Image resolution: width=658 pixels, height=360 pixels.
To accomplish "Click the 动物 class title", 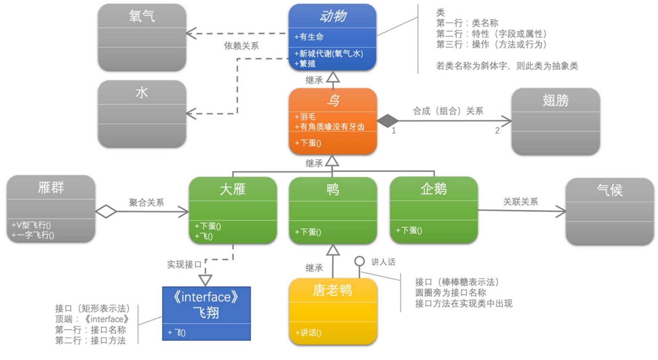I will pyautogui.click(x=333, y=16).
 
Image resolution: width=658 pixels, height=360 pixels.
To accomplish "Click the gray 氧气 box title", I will pyautogui.click(x=142, y=16).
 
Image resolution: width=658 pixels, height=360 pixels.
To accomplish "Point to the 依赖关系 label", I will pyautogui.click(x=241, y=46).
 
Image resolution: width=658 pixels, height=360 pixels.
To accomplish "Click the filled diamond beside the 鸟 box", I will pyautogui.click(x=387, y=121).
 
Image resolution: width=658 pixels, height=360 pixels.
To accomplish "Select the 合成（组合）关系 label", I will pyautogui.click(x=448, y=111).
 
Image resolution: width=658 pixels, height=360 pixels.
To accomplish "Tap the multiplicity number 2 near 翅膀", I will pyautogui.click(x=497, y=130).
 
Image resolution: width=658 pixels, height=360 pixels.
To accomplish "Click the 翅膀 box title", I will pyautogui.click(x=555, y=100).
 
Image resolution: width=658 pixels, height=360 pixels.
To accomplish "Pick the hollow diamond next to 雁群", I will pyautogui.click(x=106, y=211).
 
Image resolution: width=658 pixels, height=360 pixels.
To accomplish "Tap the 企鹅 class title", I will pyautogui.click(x=433, y=189).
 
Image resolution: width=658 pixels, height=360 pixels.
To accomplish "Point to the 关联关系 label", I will pyautogui.click(x=520, y=202).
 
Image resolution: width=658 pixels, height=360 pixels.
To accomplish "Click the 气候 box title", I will pyautogui.click(x=610, y=190).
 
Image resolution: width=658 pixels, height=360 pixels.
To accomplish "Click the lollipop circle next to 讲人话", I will pyautogui.click(x=359, y=262).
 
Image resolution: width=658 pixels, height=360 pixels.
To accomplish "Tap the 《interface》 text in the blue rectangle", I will pyautogui.click(x=206, y=297).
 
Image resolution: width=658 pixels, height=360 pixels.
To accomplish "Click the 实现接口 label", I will pyautogui.click(x=184, y=265).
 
